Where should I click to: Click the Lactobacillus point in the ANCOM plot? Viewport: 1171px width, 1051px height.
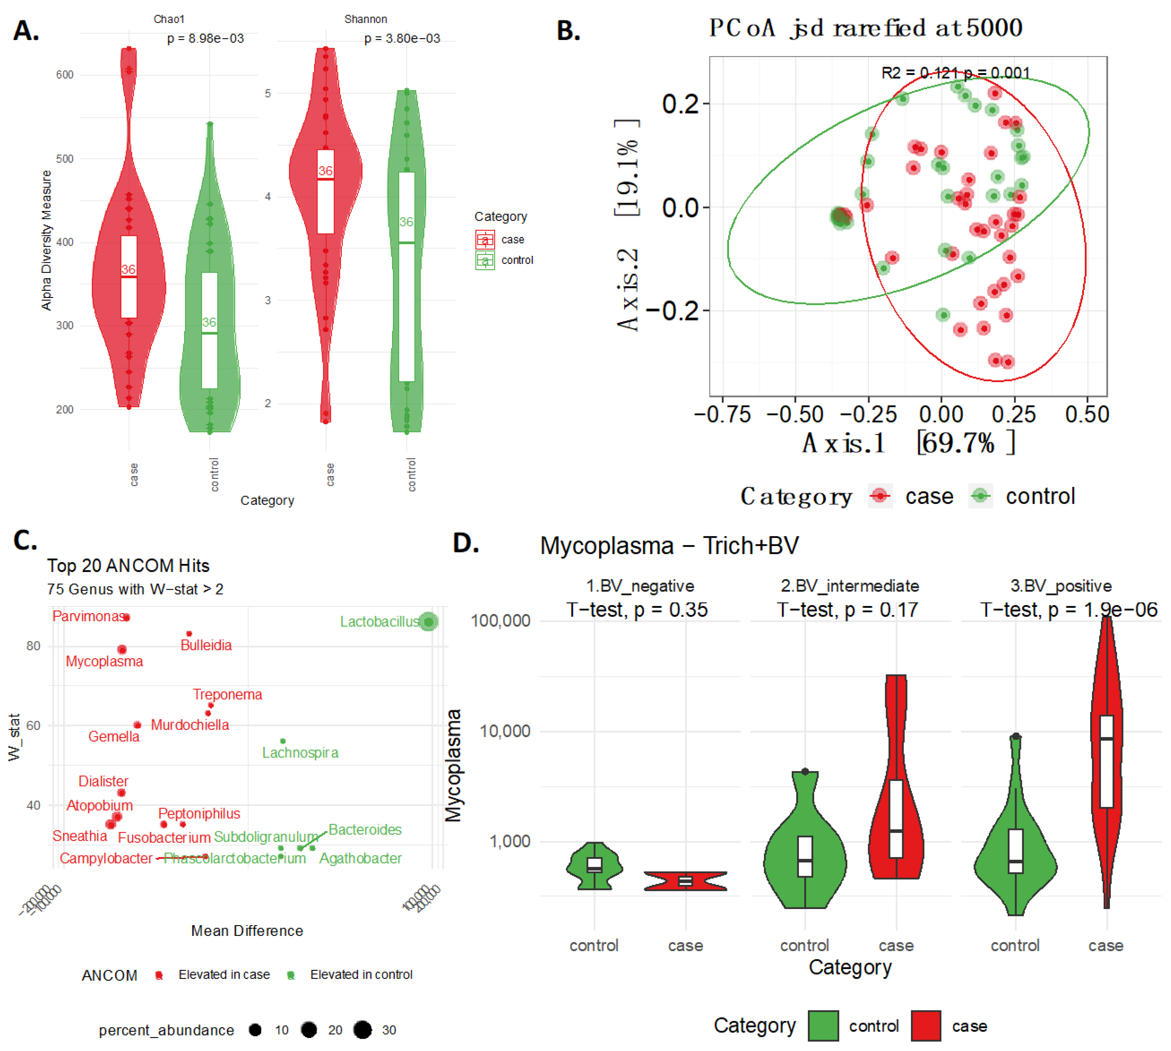click(x=428, y=621)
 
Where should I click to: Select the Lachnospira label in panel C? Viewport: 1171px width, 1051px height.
click(x=300, y=752)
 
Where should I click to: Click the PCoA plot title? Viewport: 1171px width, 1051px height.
click(x=866, y=28)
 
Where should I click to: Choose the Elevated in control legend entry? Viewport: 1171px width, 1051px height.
click(x=361, y=975)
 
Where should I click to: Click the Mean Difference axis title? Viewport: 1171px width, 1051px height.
click(x=247, y=931)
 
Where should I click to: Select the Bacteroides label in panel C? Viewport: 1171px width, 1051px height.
click(x=365, y=830)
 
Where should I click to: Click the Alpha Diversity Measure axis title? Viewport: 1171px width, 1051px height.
click(x=46, y=240)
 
